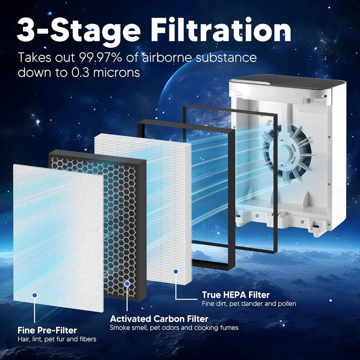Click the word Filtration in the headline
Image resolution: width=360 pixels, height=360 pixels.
point(221,30)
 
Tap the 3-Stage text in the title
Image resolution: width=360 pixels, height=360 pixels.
point(78,32)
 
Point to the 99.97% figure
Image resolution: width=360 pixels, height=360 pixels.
point(100,57)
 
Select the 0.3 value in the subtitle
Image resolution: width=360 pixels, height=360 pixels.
point(81,72)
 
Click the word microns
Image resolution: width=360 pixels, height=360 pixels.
point(116,72)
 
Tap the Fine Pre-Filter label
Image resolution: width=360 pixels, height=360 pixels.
point(47,330)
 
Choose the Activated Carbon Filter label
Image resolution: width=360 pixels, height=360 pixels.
point(159,319)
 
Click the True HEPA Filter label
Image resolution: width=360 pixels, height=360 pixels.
point(236,295)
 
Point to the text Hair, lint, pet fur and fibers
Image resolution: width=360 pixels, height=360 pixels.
point(57,339)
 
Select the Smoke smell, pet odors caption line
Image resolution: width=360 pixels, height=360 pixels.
point(174,327)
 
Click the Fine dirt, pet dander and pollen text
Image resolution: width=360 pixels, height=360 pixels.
point(249,303)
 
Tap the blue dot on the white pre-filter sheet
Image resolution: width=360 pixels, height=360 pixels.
point(35,295)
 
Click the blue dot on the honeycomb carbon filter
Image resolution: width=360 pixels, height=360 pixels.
point(127,284)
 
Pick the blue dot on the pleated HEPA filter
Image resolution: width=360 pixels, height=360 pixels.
point(176,271)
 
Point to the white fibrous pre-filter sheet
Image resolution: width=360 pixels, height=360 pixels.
point(58,238)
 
